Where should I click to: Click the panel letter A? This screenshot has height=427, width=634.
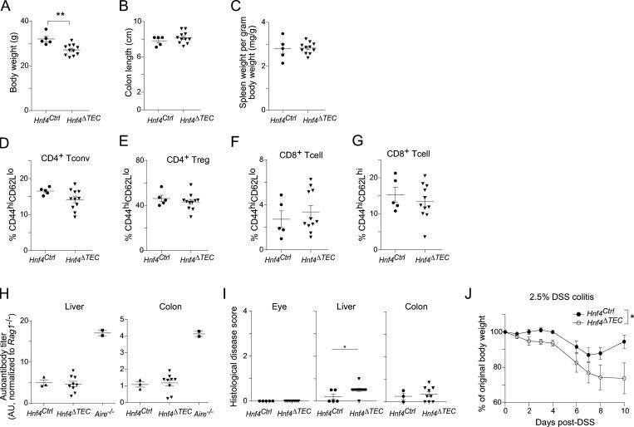point(6,7)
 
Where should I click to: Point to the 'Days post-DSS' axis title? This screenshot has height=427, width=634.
point(564,422)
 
